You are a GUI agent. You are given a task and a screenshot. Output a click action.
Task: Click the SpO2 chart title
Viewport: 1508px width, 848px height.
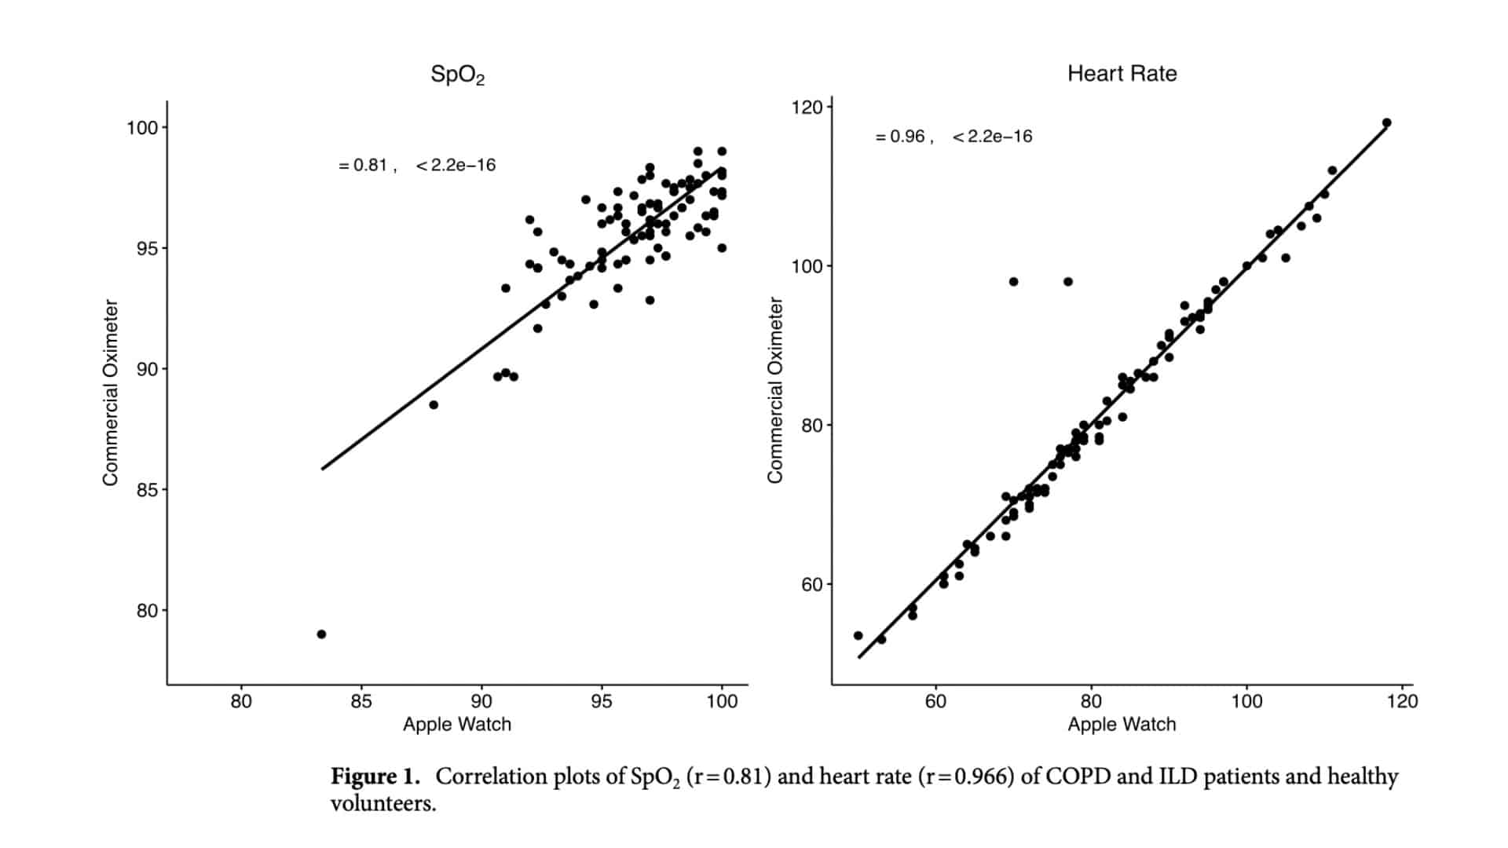[458, 75]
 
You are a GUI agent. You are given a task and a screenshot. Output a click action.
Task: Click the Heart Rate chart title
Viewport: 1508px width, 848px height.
[1122, 74]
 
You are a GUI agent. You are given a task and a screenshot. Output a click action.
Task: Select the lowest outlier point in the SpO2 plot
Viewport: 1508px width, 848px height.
[321, 634]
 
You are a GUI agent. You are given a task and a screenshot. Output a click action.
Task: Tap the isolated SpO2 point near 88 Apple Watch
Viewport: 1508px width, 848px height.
[434, 405]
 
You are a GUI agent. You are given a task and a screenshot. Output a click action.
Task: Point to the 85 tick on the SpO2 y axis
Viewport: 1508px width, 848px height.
[147, 490]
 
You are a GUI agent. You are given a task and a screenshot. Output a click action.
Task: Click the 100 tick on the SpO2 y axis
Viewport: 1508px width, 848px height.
[142, 127]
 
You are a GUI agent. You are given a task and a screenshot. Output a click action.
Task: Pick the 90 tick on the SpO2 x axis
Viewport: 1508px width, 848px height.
[481, 701]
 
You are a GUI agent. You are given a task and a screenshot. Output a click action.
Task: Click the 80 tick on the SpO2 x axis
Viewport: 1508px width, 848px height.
[241, 701]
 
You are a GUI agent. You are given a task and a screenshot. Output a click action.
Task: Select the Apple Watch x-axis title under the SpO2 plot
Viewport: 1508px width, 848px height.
[457, 725]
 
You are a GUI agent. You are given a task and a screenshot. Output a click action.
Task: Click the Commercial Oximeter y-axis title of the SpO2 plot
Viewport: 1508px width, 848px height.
[111, 393]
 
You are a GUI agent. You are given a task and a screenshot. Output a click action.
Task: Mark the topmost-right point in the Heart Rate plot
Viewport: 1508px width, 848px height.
[1387, 122]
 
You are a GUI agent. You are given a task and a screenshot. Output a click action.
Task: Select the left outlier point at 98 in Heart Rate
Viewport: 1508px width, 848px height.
[1013, 282]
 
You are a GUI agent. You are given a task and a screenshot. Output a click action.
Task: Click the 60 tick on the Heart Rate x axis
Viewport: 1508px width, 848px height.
[935, 701]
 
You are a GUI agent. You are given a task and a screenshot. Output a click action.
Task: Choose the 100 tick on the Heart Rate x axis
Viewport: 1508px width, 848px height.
[1246, 701]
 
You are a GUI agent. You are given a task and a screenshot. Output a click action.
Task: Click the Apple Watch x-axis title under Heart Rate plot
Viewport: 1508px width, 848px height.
[1122, 725]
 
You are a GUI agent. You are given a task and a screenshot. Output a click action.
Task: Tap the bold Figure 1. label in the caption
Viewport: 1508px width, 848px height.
[375, 777]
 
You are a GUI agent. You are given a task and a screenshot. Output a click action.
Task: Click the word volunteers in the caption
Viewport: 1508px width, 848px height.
[382, 804]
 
